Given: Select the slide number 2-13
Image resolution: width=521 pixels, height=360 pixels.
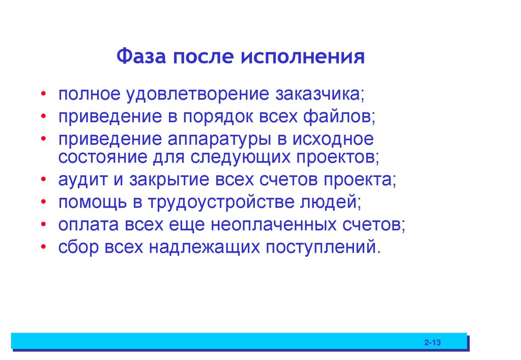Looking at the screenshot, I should tap(432, 344).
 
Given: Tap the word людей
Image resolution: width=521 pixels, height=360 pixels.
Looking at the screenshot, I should tap(333, 202).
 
